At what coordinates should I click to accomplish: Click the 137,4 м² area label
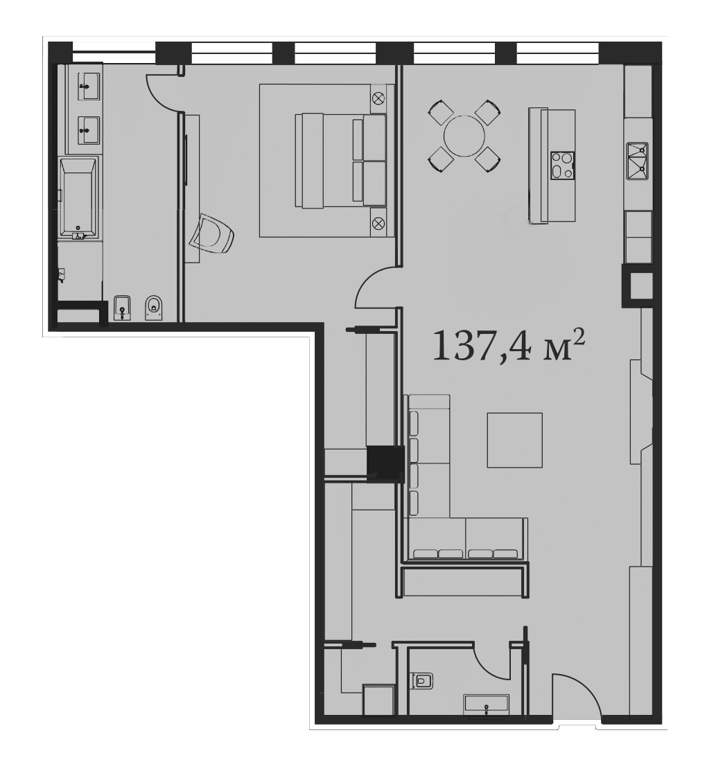508,346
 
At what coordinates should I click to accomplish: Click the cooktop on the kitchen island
562,166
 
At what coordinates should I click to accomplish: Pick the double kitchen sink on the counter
638,161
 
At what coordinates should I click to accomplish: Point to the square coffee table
514,440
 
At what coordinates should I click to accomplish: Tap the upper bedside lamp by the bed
378,98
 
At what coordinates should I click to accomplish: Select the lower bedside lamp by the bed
378,223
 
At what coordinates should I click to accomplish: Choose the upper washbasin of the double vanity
89,87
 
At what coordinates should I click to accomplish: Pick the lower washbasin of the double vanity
89,130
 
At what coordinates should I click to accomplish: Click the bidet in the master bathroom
121,308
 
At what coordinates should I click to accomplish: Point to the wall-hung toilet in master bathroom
153,308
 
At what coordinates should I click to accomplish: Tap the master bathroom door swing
163,92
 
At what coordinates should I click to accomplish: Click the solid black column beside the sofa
385,463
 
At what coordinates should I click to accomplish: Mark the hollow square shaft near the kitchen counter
637,285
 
